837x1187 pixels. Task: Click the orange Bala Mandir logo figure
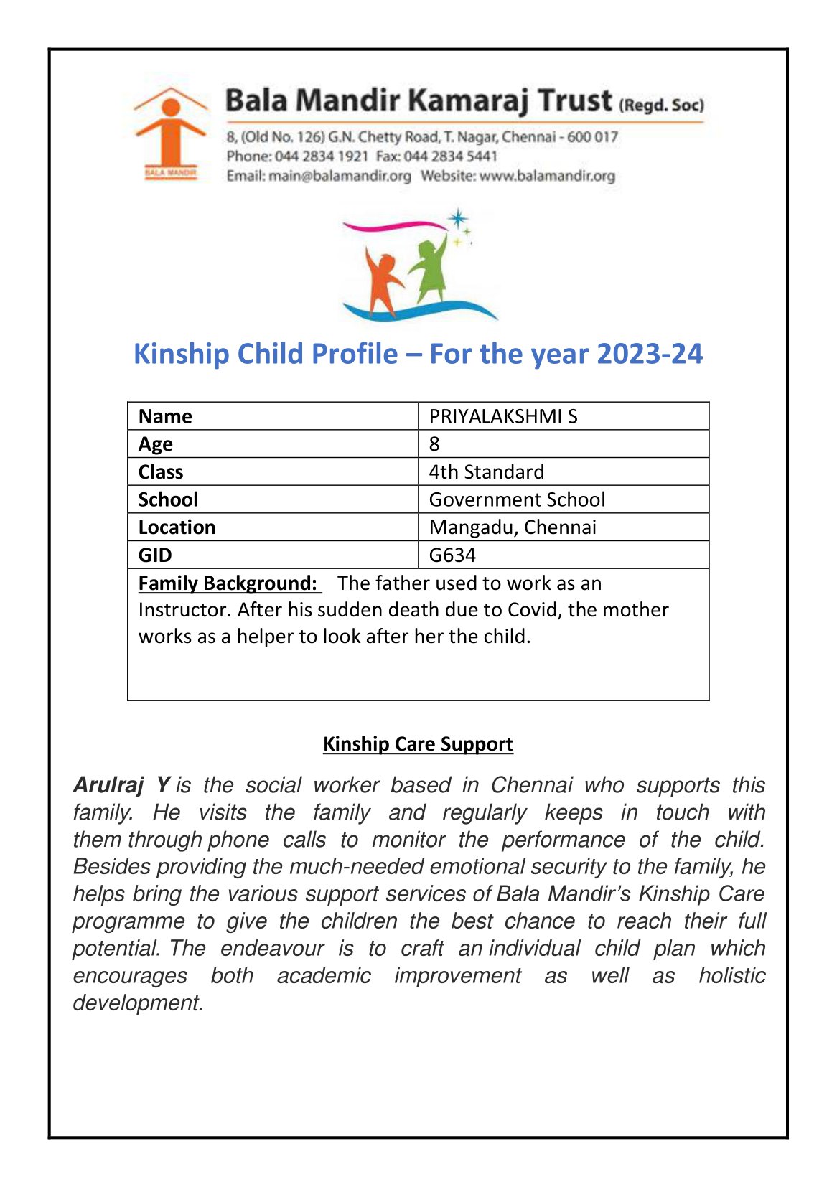pyautogui.click(x=169, y=133)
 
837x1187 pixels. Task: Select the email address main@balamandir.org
pyautogui.click(x=340, y=176)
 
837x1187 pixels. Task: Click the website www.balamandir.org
pyautogui.click(x=547, y=176)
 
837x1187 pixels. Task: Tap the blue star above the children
pyautogui.click(x=457, y=219)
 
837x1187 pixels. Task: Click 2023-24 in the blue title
pyautogui.click(x=649, y=355)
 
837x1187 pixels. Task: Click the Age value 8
pyautogui.click(x=434, y=444)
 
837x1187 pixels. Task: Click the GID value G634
pyautogui.click(x=452, y=555)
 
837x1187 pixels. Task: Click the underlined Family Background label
pyautogui.click(x=228, y=583)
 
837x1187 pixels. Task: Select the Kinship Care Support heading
pyautogui.click(x=418, y=744)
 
